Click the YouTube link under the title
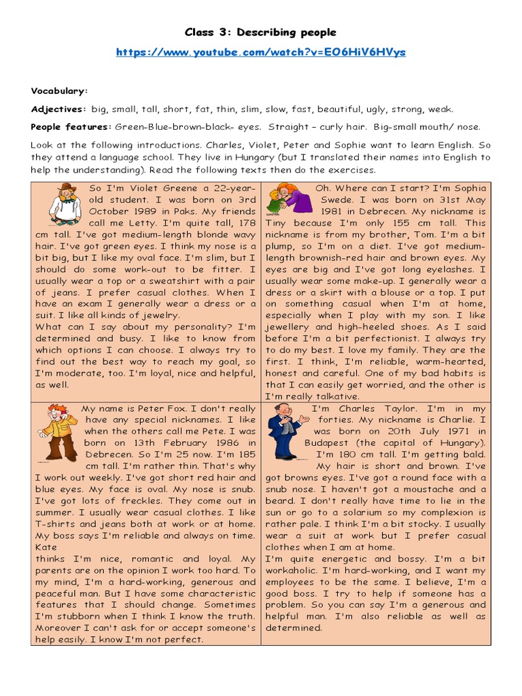[261, 52]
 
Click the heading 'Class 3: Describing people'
[261, 33]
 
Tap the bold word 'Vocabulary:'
[59, 91]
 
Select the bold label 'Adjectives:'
[58, 109]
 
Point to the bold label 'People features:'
[71, 126]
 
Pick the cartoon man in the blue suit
[285, 430]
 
